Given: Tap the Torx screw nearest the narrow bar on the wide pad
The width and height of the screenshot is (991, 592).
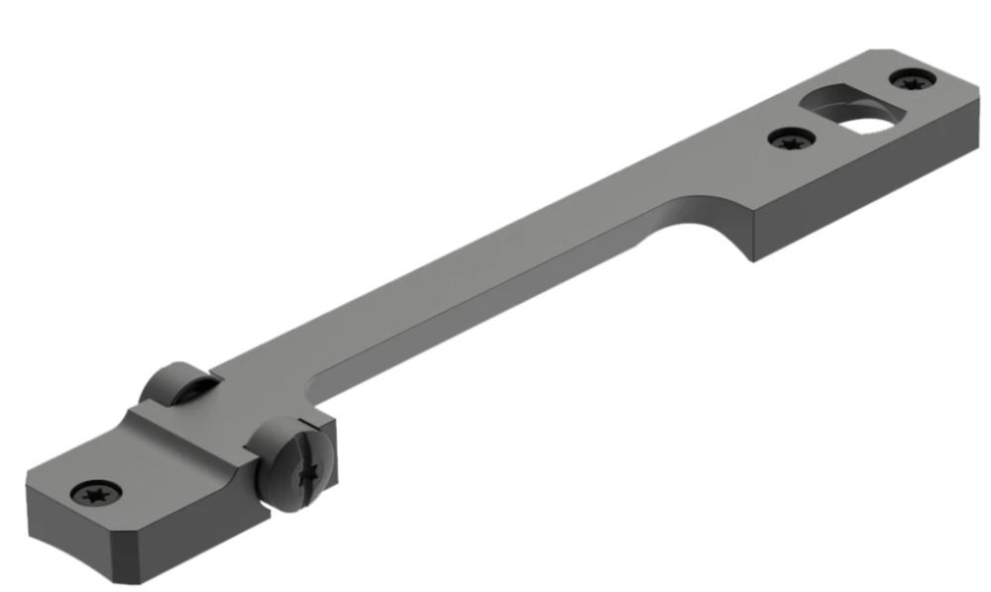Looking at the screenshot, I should pos(790,140).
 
